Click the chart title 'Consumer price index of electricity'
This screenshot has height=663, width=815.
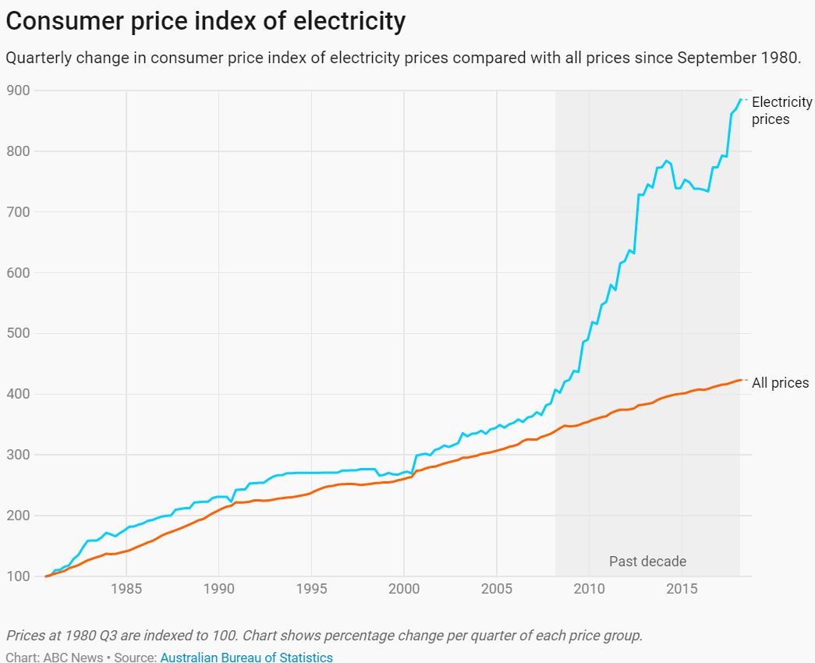click(x=205, y=21)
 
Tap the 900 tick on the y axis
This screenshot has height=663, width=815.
click(x=19, y=90)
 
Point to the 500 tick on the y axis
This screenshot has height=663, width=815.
click(x=19, y=333)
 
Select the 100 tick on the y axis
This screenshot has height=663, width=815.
click(x=19, y=576)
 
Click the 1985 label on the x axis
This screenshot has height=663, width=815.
click(x=126, y=588)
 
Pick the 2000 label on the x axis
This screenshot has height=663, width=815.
click(x=404, y=588)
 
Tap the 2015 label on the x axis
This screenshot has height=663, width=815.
click(x=682, y=588)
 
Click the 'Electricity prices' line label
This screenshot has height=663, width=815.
click(x=781, y=111)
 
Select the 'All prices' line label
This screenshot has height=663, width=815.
click(x=780, y=383)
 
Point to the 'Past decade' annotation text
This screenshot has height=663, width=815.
click(x=647, y=562)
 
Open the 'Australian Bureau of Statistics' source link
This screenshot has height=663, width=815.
click(x=246, y=657)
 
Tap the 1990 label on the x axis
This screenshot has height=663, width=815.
click(x=218, y=588)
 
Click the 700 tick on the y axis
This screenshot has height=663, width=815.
click(x=19, y=212)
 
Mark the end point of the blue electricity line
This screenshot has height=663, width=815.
click(x=740, y=99)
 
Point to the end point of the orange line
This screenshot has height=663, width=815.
click(x=740, y=380)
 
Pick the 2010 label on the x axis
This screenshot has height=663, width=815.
click(x=590, y=588)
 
